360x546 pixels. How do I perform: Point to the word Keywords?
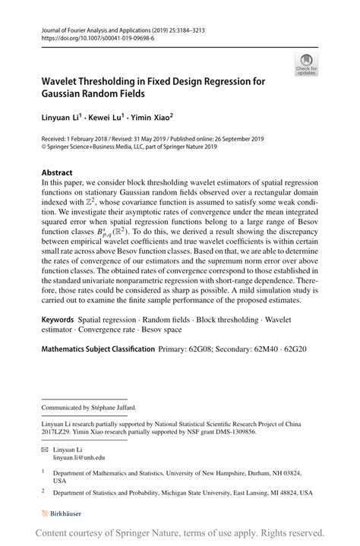coord(62,320)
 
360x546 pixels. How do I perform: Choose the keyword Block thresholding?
coord(227,320)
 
